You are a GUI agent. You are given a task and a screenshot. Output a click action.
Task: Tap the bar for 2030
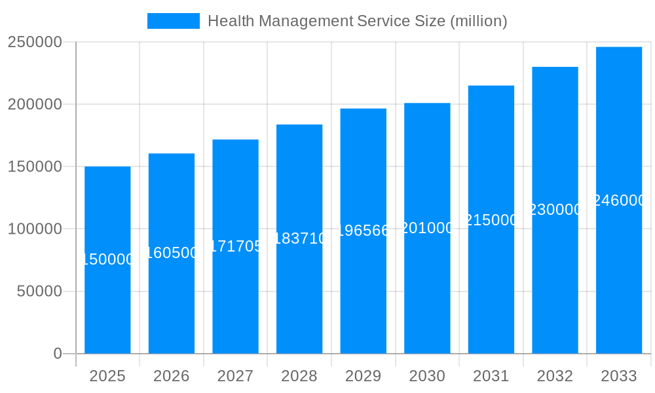(x=427, y=288)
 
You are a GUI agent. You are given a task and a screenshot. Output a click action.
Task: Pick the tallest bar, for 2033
(x=619, y=275)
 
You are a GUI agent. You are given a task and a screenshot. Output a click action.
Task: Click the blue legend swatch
(x=173, y=21)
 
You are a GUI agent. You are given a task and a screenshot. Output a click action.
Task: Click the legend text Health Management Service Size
(x=357, y=21)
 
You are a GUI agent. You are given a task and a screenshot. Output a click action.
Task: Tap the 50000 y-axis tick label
(x=39, y=291)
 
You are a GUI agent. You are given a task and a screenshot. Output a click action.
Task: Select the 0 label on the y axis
(x=57, y=354)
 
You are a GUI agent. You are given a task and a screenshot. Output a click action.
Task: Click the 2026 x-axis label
(x=172, y=376)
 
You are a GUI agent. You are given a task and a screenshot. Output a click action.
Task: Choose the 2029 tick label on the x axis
(x=363, y=376)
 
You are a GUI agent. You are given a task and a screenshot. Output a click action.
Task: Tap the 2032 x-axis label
(x=555, y=376)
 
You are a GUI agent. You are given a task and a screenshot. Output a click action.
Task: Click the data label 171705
(x=236, y=246)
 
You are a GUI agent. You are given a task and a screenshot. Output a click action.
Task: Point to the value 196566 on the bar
(x=364, y=231)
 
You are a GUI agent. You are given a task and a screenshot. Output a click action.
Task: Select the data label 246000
(x=619, y=200)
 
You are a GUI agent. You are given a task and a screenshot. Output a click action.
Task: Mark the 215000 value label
(x=491, y=220)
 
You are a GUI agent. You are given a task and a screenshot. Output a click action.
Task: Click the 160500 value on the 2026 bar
(x=172, y=253)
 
